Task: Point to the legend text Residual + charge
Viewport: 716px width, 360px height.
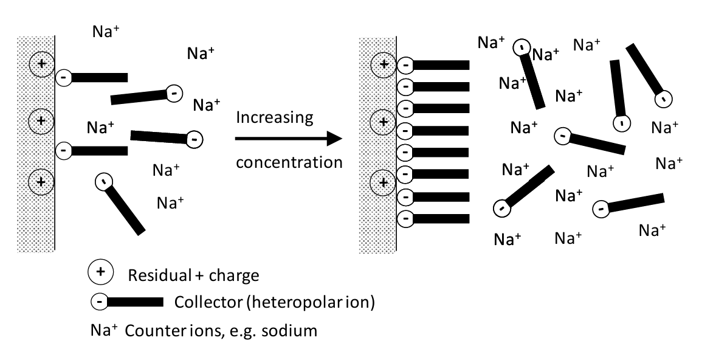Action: [193, 275]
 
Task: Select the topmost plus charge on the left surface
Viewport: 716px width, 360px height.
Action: [41, 63]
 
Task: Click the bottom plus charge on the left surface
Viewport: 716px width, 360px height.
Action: [41, 181]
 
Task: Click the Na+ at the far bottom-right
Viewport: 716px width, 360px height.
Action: [653, 230]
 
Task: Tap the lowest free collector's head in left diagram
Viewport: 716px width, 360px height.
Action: [104, 181]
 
